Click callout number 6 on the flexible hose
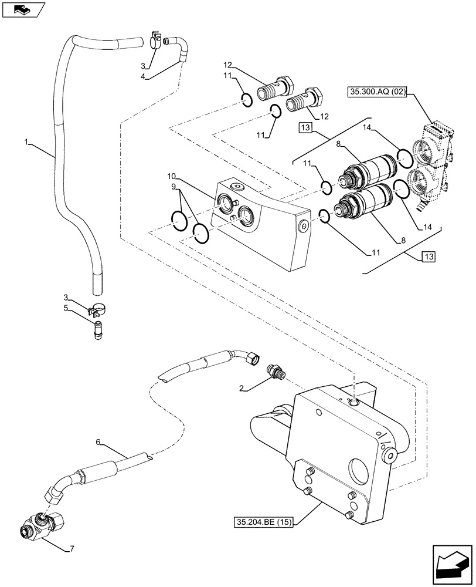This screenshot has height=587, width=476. [x=98, y=441]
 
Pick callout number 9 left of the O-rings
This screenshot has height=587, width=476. [x=173, y=187]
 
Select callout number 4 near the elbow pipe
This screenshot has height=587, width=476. [x=143, y=76]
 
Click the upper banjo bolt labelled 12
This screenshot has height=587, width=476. [x=277, y=89]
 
